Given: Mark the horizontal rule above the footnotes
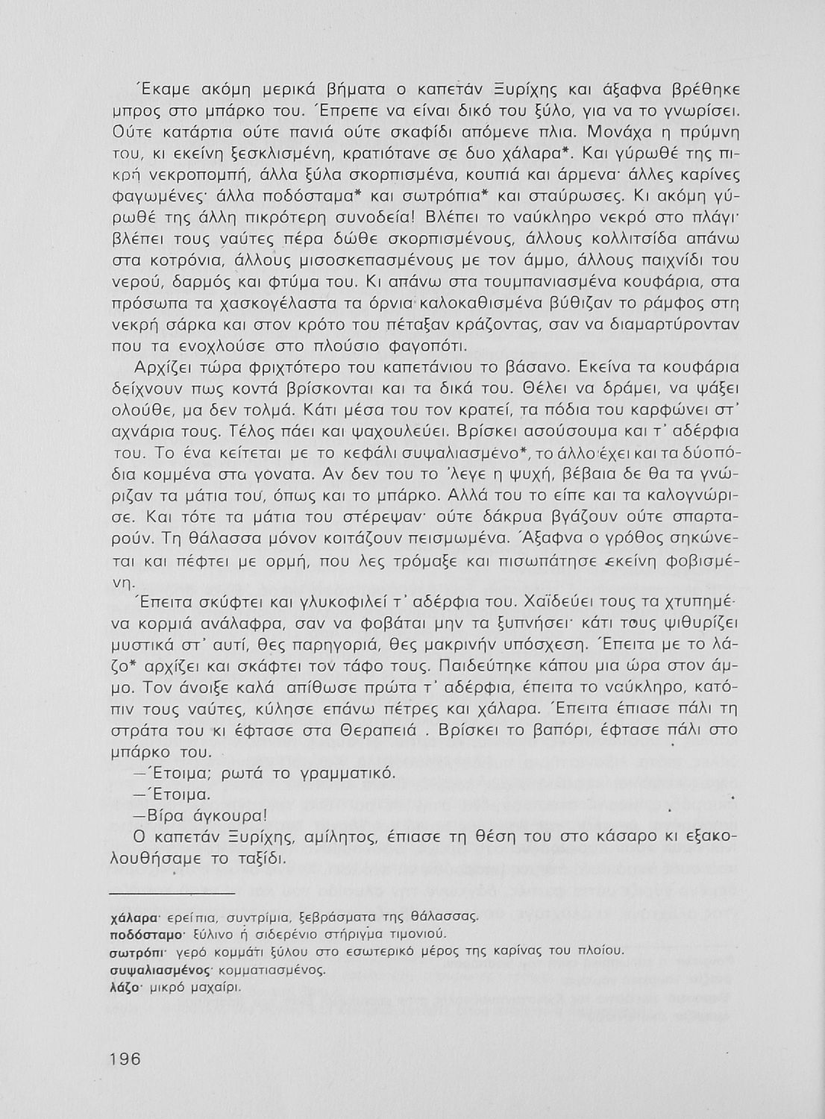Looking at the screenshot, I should point(172,891).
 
